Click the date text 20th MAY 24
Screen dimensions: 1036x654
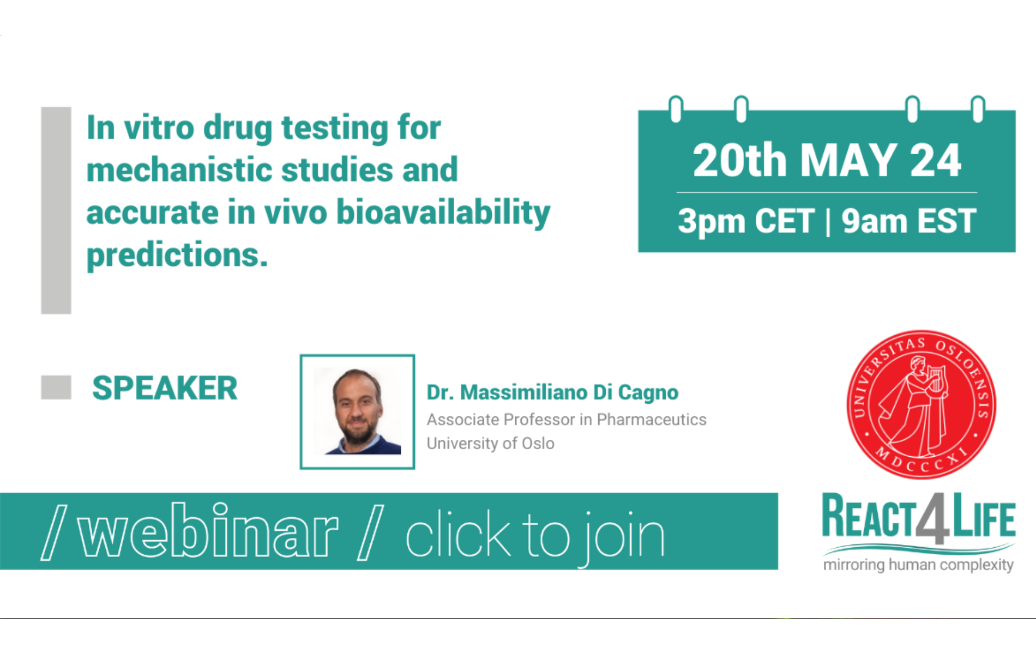(x=827, y=160)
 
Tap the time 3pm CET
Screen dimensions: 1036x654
(x=746, y=221)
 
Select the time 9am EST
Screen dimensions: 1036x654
(x=908, y=221)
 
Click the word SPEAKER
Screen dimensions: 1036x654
(x=165, y=388)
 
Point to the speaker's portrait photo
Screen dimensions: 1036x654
(x=357, y=411)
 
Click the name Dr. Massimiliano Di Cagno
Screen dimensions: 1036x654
(x=552, y=392)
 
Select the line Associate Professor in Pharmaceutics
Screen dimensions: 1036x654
(x=567, y=420)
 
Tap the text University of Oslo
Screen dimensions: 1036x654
(x=490, y=444)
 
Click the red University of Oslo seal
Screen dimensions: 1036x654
(x=921, y=404)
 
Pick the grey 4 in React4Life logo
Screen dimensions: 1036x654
(x=933, y=518)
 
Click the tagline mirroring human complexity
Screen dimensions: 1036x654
(x=918, y=565)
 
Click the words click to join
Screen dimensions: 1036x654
(x=535, y=537)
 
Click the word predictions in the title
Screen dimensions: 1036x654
(x=177, y=255)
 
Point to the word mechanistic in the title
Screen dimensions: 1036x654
(x=179, y=169)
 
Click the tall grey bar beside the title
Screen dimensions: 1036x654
(x=56, y=210)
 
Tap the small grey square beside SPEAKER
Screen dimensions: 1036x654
(x=56, y=387)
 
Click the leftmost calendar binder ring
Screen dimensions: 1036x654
(x=676, y=109)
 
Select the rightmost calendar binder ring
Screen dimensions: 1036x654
(x=978, y=109)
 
